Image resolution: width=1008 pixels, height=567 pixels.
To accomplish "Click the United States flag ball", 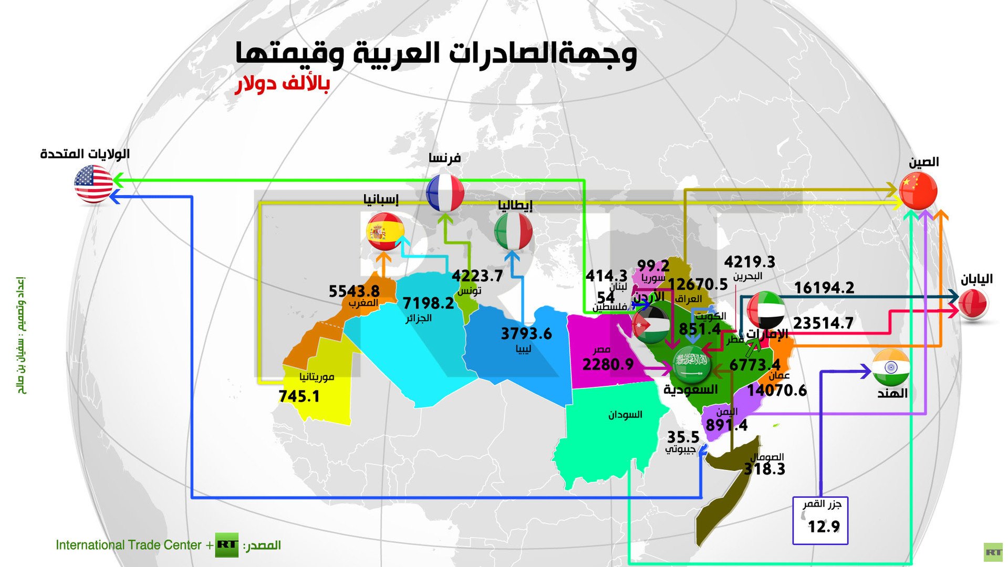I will (93, 184).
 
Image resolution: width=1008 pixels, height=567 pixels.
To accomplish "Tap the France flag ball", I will (445, 193).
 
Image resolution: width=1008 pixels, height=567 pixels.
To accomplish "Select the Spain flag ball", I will (385, 232).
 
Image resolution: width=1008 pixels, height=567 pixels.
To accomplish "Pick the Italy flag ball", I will (513, 232).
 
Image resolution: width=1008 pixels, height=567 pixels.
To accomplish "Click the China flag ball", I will (918, 190).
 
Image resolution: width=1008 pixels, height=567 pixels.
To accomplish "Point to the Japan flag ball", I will (973, 304).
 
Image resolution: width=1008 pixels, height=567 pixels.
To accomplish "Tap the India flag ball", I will (890, 367).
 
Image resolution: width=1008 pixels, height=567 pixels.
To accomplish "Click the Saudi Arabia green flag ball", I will (692, 364).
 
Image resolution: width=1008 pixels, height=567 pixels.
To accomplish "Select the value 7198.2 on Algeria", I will (428, 303).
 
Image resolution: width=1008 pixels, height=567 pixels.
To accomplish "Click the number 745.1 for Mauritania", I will (299, 396).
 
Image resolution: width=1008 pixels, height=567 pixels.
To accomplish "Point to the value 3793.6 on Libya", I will (526, 333).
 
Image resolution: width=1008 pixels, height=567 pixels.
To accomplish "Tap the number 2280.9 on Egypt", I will (608, 364).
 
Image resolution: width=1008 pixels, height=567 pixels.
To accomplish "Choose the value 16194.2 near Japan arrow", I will (824, 288).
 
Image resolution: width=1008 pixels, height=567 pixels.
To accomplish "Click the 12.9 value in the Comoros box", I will (823, 526).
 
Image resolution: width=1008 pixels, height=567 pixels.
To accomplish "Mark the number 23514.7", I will (823, 323).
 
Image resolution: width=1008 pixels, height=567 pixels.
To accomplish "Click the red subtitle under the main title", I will (282, 84).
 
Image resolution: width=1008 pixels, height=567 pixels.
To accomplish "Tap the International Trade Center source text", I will (129, 545).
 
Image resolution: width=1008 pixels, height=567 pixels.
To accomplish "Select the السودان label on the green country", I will (625, 415).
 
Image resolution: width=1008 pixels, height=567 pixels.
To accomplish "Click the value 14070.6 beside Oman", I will (776, 390).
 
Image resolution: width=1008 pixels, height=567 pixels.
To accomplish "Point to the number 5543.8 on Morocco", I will (354, 291).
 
